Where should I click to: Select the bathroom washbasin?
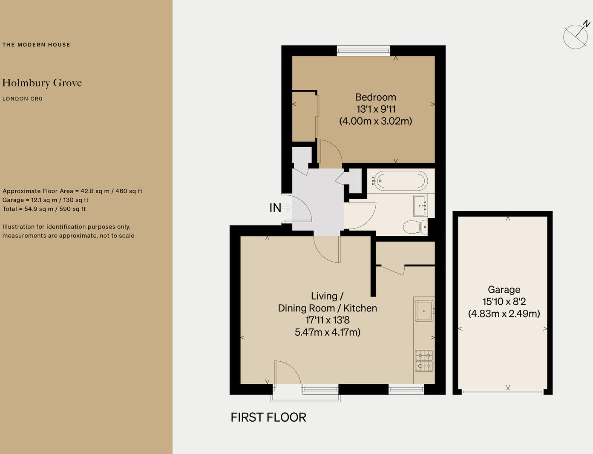click(420, 206)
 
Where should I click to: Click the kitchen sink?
click(423, 311)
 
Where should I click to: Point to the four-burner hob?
click(424, 360)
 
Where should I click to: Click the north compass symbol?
click(576, 35)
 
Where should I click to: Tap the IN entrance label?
click(275, 208)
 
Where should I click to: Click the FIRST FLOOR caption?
click(268, 417)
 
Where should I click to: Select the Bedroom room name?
click(375, 97)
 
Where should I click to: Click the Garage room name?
click(504, 290)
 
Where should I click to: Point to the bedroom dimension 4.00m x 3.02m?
click(375, 121)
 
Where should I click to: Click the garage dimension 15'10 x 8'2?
click(504, 302)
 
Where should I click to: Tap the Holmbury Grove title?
click(42, 83)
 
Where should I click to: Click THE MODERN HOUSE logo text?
click(36, 45)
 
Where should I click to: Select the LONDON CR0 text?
click(23, 99)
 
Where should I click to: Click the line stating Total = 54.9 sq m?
click(44, 209)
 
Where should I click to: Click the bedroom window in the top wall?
click(363, 51)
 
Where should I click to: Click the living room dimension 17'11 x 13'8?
click(327, 320)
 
